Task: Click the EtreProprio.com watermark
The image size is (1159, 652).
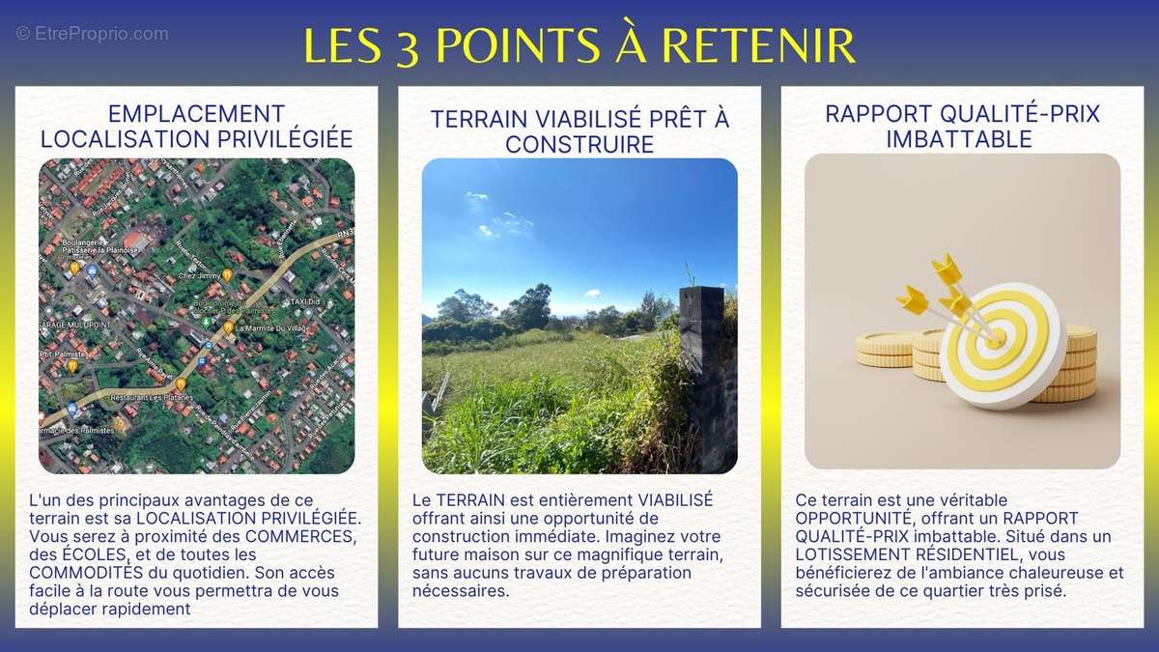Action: [x=92, y=34]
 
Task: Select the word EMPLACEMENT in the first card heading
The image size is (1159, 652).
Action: [x=197, y=113]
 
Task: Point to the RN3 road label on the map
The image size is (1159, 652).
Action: [x=342, y=232]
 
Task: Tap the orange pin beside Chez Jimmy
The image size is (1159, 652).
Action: [x=227, y=275]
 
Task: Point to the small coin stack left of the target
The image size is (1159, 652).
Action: [x=884, y=349]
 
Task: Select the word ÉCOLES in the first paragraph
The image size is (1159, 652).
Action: [x=95, y=554]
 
